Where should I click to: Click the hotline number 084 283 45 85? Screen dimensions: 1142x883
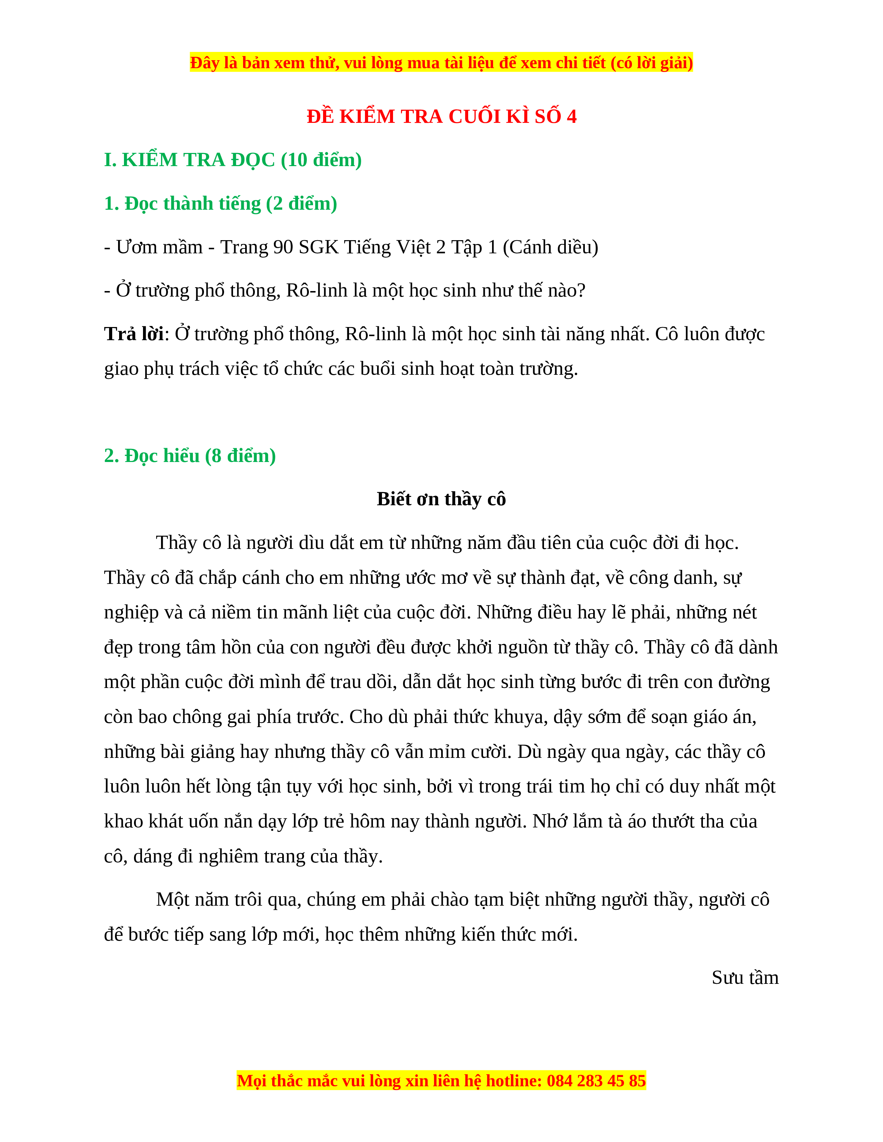[596, 1080]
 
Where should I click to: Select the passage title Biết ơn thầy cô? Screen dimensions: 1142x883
[441, 499]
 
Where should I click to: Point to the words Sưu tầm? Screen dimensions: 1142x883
[744, 978]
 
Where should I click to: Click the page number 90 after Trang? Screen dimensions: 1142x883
[283, 247]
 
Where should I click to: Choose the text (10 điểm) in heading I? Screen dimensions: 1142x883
[321, 160]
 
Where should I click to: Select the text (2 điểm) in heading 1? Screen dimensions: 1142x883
[301, 203]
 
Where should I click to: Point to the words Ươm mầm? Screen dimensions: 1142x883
[159, 247]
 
